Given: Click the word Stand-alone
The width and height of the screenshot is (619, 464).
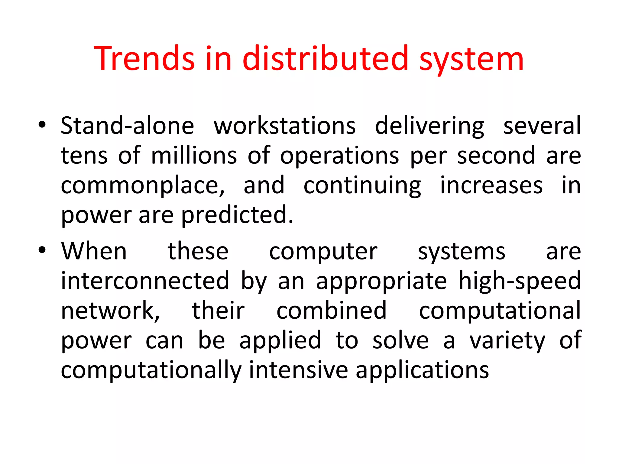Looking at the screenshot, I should [127, 126].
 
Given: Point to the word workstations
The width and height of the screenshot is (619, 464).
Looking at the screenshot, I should [284, 126].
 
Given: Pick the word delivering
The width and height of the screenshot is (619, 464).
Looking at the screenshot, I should [429, 126].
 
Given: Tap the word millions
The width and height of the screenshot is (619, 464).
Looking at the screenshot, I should [194, 156].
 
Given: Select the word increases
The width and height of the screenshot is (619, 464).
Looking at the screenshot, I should [491, 185].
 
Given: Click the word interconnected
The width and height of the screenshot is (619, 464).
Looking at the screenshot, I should [145, 281].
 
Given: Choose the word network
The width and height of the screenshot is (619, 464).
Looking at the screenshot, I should [110, 311].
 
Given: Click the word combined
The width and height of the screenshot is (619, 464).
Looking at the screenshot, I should [332, 310].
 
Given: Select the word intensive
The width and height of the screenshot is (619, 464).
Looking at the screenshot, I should [298, 370].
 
